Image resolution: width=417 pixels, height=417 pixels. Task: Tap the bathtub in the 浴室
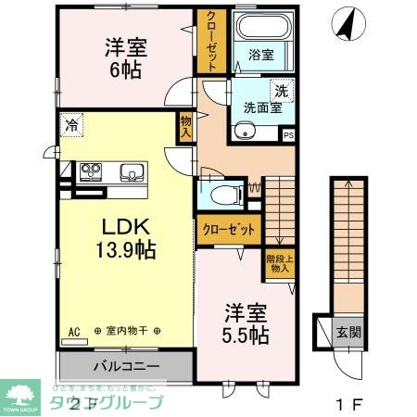click(260, 29)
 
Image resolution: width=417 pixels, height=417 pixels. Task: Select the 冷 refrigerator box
click(71, 122)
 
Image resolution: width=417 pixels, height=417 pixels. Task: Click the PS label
click(288, 136)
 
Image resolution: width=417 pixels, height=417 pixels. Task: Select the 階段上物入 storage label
click(277, 267)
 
